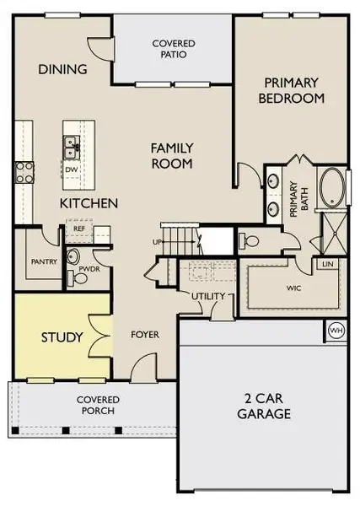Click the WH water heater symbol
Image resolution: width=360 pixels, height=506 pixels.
[x=336, y=330]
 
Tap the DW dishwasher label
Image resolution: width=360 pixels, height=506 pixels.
[x=73, y=169]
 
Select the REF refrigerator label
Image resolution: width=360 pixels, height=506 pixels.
[x=79, y=228]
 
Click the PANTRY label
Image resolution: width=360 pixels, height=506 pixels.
[x=44, y=261]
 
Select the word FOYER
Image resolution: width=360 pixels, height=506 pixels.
[x=145, y=335]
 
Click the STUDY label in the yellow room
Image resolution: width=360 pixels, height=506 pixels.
[x=62, y=338]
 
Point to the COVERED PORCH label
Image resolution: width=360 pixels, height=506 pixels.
[x=98, y=405]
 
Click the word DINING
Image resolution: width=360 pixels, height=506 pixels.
[x=63, y=69]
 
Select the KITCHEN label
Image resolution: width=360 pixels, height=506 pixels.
[x=88, y=204]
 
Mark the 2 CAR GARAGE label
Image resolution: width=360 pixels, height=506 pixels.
[x=264, y=406]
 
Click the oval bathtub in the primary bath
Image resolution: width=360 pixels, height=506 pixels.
[x=331, y=188]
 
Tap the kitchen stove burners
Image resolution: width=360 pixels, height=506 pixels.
[x=24, y=172]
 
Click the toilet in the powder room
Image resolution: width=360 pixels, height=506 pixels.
[x=73, y=256]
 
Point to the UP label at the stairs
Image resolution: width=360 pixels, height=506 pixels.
[x=157, y=243]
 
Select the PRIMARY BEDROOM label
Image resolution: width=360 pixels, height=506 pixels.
[x=293, y=90]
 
